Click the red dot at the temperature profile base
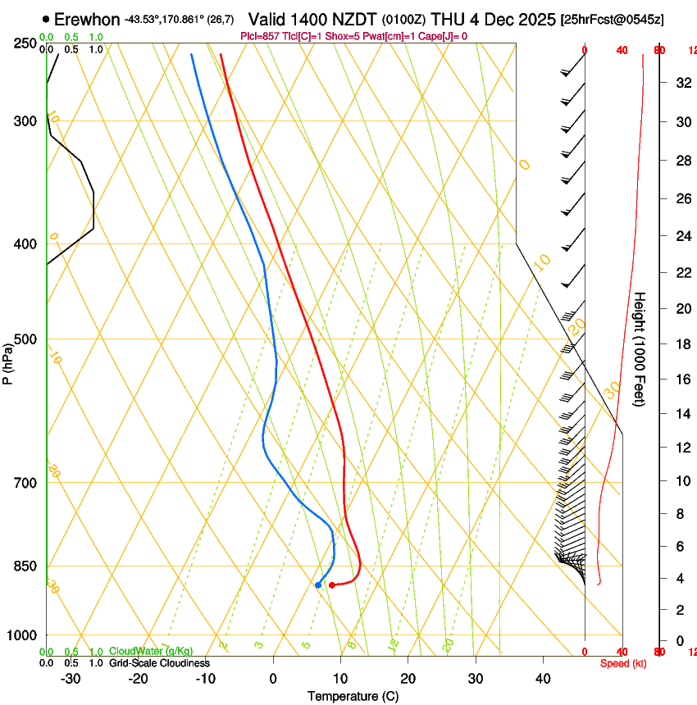(x=331, y=585)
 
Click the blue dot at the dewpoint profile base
(x=318, y=584)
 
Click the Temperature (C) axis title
(x=353, y=696)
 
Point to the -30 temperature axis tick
(x=71, y=679)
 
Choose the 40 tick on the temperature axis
(x=543, y=679)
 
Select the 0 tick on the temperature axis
(x=273, y=679)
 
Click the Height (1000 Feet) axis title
(x=640, y=348)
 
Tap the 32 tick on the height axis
(x=681, y=82)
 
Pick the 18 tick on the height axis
(x=681, y=343)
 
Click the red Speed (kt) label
(x=623, y=662)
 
